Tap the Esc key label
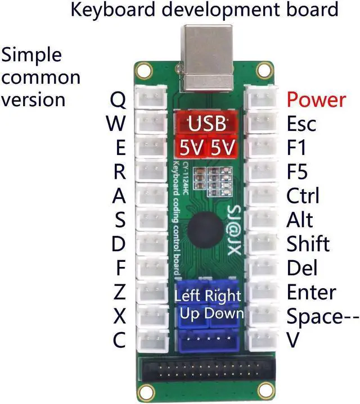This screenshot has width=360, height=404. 301,124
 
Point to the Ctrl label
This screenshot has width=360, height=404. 303,196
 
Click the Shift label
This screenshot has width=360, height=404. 308,244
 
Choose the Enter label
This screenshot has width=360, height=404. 311,292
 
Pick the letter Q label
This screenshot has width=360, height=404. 118,100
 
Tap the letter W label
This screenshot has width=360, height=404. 116,124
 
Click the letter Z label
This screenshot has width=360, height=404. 119,292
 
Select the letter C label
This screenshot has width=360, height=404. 119,340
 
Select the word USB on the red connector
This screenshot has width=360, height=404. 206,123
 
